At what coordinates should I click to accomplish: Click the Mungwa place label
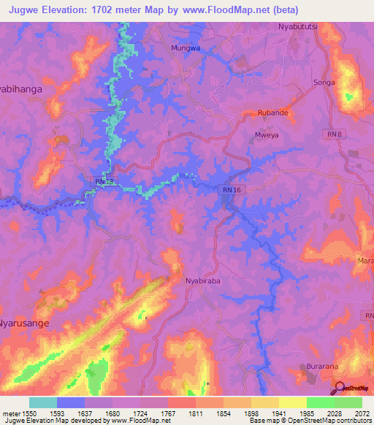[x=185, y=47]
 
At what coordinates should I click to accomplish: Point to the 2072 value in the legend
[x=362, y=413]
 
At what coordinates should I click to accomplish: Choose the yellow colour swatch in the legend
[x=292, y=402]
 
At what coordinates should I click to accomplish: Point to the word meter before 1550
[x=12, y=413]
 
